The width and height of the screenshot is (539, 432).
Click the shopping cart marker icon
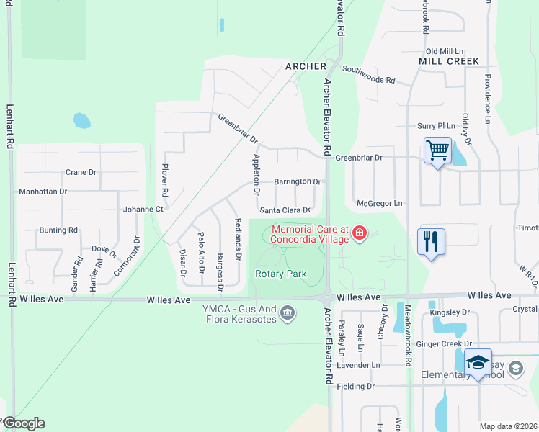pyautogui.click(x=437, y=151)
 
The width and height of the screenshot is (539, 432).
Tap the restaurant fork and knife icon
pyautogui.click(x=431, y=241)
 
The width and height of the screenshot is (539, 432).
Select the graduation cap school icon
pyautogui.click(x=477, y=362)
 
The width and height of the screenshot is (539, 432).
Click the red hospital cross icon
pyautogui.click(x=359, y=233)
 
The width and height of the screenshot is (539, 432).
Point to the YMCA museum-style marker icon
pyautogui.click(x=288, y=312)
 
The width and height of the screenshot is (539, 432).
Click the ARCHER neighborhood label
pyautogui.click(x=301, y=66)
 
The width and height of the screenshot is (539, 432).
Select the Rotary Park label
pyautogui.click(x=281, y=274)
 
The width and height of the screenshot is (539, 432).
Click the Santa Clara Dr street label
pyautogui.click(x=285, y=210)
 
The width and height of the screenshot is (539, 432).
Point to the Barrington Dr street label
pyautogui.click(x=297, y=182)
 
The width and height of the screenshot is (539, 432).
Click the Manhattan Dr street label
pyautogui.click(x=43, y=192)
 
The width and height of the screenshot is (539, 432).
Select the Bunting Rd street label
pyautogui.click(x=58, y=230)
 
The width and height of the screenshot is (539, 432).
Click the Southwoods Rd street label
pyautogui.click(x=369, y=74)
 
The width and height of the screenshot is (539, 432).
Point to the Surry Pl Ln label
pyautogui.click(x=436, y=125)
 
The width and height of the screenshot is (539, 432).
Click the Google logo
pyautogui.click(x=23, y=423)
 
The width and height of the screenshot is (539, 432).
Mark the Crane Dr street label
pyautogui.click(x=81, y=173)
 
